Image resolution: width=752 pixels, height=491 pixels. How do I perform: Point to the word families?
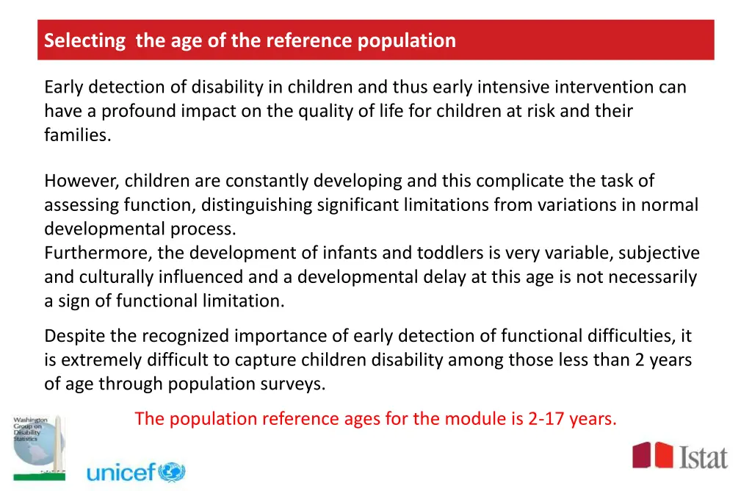pos(77,135)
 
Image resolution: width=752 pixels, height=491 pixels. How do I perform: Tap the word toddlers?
pos(450,253)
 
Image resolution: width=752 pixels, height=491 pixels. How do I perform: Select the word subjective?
pos(659,253)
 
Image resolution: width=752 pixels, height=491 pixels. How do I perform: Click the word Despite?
pos(75,336)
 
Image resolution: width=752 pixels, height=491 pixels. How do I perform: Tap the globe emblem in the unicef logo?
pos(172,471)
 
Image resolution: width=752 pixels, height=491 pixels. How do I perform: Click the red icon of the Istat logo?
pos(653,455)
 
